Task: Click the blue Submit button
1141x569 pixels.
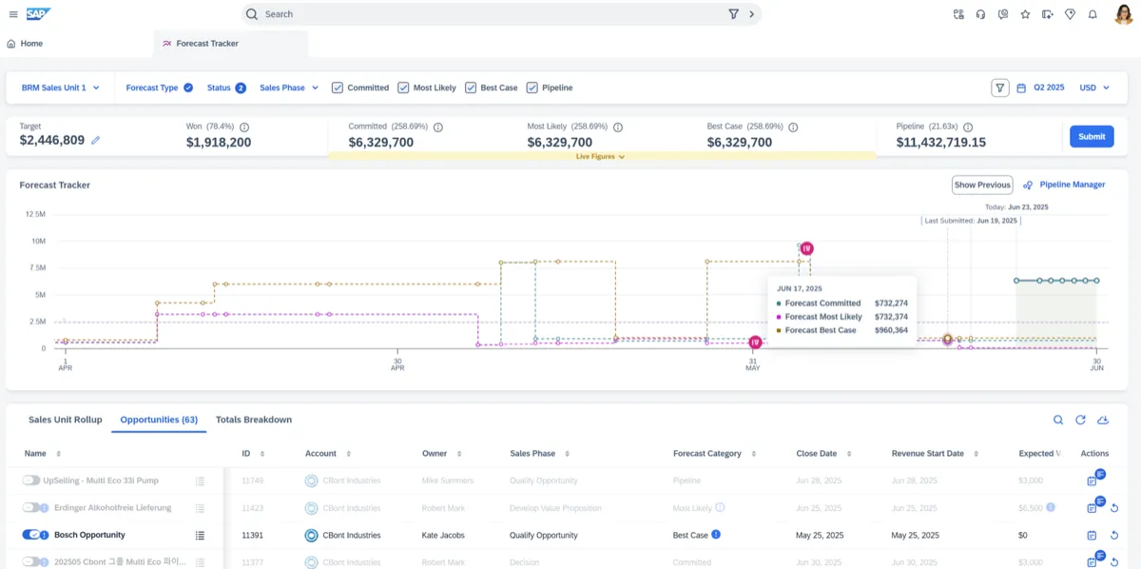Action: tap(1091, 136)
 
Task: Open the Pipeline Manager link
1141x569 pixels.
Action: tap(1072, 185)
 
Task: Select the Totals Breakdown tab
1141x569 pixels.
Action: tap(253, 420)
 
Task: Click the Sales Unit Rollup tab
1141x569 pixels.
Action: tap(65, 420)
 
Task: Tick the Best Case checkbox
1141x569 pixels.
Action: tap(470, 88)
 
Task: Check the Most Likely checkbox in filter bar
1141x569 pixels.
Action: tap(403, 88)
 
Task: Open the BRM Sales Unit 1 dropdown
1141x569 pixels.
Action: tap(60, 88)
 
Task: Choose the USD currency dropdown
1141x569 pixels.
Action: tap(1094, 88)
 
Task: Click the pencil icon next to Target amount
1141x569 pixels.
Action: tap(95, 141)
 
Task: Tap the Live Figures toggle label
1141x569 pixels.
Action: tap(600, 157)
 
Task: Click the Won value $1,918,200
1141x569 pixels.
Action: tap(219, 143)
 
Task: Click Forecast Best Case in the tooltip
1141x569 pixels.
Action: tap(820, 330)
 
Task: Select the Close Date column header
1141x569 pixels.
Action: tap(816, 454)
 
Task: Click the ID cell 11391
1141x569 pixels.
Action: tap(252, 536)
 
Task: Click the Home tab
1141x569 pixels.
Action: tap(25, 44)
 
